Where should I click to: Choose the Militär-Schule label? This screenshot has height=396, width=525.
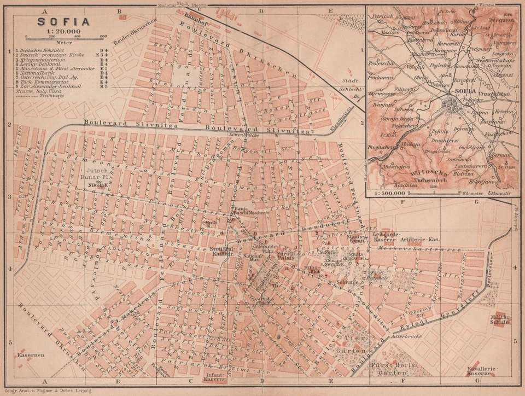[x=500, y=319]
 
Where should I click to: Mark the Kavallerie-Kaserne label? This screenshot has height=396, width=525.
[x=481, y=372]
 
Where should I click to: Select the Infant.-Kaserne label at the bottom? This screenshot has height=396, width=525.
[x=214, y=376]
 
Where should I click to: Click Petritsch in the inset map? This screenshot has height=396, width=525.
[x=382, y=17]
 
